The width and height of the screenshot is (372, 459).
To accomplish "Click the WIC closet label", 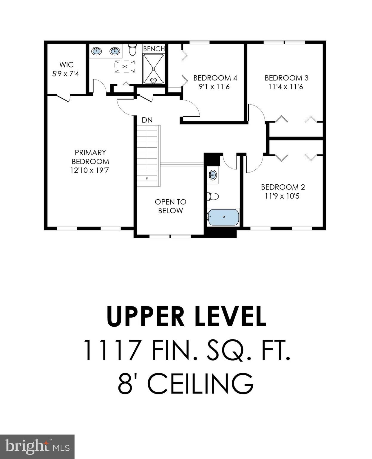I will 66,65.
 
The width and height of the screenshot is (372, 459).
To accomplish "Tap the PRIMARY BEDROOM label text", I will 90,157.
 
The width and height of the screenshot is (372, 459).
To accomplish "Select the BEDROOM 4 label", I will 215,78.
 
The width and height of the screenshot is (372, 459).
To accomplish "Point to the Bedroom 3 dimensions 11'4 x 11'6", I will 285,87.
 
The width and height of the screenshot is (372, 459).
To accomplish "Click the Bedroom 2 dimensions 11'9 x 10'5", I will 282,196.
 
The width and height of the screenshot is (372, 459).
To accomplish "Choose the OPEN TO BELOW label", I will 170,206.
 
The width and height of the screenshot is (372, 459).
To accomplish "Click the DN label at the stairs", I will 147,120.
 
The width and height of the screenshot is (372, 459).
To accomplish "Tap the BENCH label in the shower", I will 154,49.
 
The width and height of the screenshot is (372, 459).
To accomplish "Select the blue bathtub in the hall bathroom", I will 223,217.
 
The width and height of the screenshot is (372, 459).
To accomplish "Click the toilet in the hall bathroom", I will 213,196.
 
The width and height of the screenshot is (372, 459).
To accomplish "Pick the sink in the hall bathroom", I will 213,175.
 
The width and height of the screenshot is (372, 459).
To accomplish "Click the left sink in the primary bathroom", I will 96,51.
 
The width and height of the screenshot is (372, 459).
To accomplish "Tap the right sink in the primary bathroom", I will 115,51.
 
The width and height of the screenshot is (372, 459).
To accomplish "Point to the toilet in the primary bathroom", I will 132,50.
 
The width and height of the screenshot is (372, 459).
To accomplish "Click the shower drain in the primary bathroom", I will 153,69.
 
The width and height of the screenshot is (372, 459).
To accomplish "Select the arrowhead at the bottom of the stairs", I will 147,179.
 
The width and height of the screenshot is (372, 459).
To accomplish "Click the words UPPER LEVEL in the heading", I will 186,316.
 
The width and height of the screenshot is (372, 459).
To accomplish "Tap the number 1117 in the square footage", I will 112,350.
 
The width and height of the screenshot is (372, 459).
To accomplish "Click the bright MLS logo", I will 37,447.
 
